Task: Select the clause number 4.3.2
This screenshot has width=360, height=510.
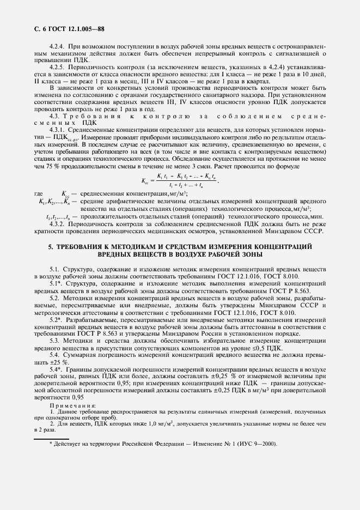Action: [58, 223]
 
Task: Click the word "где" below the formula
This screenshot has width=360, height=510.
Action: [38, 208]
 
